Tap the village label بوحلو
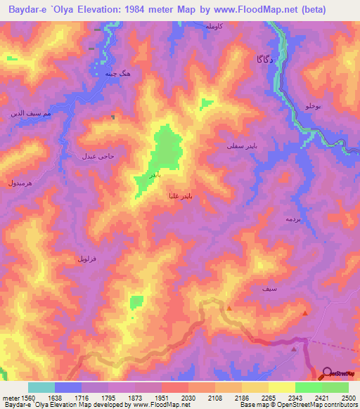click(x=312, y=105)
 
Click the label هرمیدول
click(x=20, y=182)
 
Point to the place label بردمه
click(x=274, y=219)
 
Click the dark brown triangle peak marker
click(x=293, y=346)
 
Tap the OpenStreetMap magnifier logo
click(x=327, y=374)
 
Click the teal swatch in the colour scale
click(x=41, y=387)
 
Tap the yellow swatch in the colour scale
click(x=281, y=387)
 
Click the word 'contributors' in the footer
click(x=340, y=405)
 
